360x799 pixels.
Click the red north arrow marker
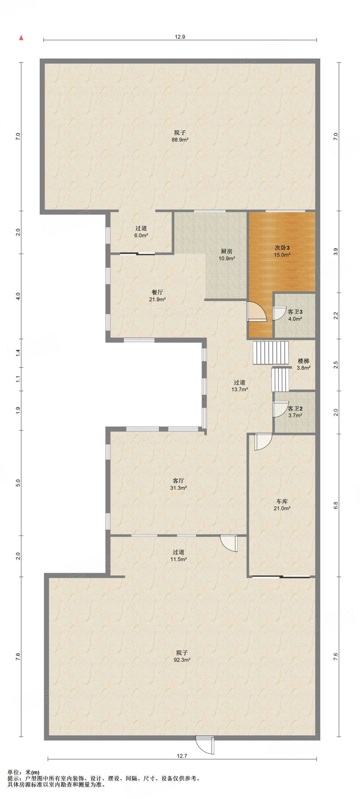[x=21, y=38]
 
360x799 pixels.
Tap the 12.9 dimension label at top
[x=180, y=37]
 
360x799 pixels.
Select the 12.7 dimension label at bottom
[x=182, y=756]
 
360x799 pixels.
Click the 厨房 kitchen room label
[x=227, y=251]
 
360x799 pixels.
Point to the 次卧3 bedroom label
[x=282, y=248]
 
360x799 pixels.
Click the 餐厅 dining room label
[x=157, y=292]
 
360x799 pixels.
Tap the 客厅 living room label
[x=178, y=481]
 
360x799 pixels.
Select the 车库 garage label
[x=282, y=501]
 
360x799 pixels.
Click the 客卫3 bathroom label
[x=295, y=312]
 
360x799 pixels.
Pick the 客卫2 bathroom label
[x=295, y=408]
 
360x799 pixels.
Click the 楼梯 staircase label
[x=303, y=361]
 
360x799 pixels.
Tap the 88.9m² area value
[x=180, y=140]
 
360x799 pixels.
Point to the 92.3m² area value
[x=182, y=660]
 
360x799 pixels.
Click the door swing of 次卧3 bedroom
[x=257, y=312]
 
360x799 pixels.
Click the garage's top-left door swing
[x=263, y=442]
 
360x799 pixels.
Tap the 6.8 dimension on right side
[x=336, y=505]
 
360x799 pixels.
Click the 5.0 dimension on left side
[x=18, y=483]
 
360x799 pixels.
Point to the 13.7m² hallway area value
[x=239, y=389]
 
